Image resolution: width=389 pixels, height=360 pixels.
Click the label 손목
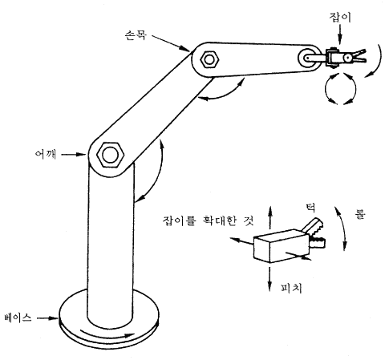click(x=136, y=35)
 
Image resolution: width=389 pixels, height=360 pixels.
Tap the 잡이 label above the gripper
click(x=340, y=18)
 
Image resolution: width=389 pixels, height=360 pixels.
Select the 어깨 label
click(x=46, y=154)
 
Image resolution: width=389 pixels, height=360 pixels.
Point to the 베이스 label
click(x=18, y=318)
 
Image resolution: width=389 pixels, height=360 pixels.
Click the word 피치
click(x=291, y=288)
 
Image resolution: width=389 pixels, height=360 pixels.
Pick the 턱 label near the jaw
click(x=310, y=208)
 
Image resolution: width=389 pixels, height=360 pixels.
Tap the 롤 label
click(x=360, y=214)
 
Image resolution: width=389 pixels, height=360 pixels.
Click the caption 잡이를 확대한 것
click(x=208, y=221)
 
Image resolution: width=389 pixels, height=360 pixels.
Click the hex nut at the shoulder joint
click(x=111, y=155)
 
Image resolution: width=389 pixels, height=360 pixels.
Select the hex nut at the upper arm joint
click(x=209, y=59)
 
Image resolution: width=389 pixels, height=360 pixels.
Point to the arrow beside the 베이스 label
click(x=47, y=318)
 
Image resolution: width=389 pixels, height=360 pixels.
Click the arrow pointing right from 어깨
click(x=73, y=154)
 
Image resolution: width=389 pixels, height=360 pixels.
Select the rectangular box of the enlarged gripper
click(x=281, y=246)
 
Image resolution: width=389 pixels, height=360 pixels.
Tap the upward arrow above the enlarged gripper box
click(x=270, y=217)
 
